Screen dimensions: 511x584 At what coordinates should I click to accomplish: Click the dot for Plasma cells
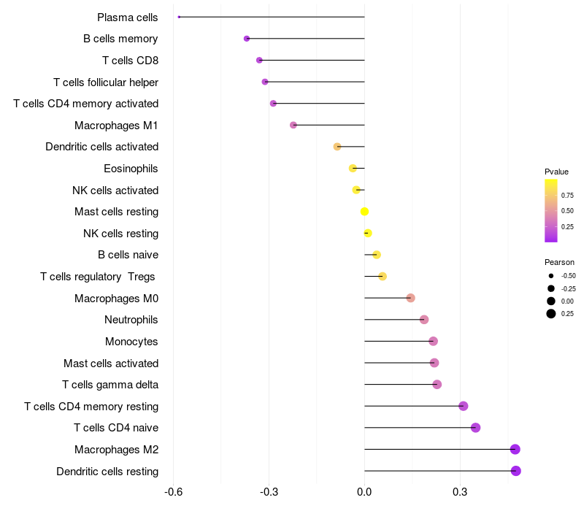[179, 17]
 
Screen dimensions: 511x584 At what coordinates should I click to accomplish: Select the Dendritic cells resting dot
[515, 471]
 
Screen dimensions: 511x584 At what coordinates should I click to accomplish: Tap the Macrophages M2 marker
[515, 449]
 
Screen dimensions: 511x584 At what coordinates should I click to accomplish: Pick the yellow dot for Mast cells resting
[364, 212]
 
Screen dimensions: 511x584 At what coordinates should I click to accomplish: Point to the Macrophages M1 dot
[293, 125]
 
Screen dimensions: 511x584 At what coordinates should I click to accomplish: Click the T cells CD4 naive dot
[475, 428]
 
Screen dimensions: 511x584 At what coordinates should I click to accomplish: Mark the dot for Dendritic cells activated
[337, 147]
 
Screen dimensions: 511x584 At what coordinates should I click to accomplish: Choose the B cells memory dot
[247, 39]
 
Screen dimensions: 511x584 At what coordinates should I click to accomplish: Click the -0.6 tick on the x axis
[173, 493]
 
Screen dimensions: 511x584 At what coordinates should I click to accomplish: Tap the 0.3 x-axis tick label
[460, 493]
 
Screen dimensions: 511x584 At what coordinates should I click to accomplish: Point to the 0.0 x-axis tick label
[364, 493]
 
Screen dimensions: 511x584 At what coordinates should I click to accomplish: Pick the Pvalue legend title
[556, 172]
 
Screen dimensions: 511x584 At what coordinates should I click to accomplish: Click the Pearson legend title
[559, 262]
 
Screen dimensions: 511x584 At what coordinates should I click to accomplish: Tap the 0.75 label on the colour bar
[567, 195]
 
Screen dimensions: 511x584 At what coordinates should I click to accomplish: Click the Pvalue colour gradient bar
[551, 210]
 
